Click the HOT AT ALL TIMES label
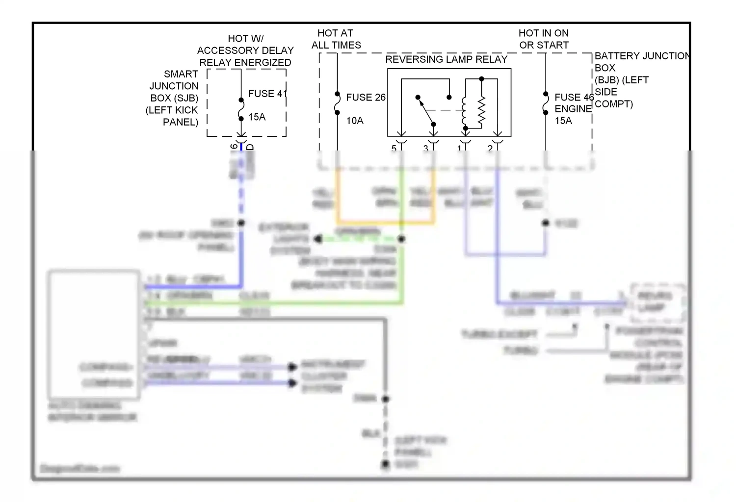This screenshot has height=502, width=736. pos(336,39)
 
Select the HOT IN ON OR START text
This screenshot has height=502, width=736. pos(544,39)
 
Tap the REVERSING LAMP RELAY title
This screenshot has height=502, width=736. pos(446,59)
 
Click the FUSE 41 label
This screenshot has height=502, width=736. pos(267,94)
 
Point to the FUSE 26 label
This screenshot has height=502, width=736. pos(366,98)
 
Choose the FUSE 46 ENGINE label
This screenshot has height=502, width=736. pos(574,103)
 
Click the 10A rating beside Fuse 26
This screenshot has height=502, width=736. pos(355,121)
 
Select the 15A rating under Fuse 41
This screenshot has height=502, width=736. pos(257,117)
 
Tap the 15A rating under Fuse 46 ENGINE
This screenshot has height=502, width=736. pos(563,121)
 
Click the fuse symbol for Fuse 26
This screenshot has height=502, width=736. pos(337,103)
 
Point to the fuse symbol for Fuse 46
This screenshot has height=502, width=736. pos(546,103)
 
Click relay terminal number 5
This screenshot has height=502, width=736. pos(394,148)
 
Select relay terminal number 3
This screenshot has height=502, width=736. pos(426,148)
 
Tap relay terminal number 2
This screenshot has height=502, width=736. pos(490,148)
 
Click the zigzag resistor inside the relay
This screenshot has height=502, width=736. pos(481,110)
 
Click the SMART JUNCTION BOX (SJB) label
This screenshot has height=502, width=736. pos(173,98)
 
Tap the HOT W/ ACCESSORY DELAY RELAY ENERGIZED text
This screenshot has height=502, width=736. pos(245,50)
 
